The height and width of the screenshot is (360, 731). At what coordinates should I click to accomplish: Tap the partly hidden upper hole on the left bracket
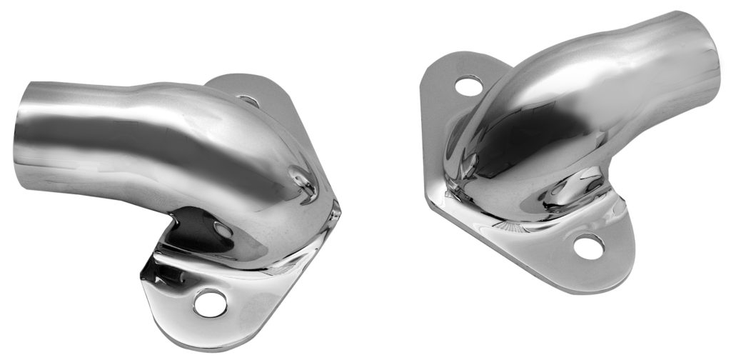coord(248,101)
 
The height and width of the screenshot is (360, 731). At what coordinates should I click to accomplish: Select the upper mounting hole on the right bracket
coord(467,86)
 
